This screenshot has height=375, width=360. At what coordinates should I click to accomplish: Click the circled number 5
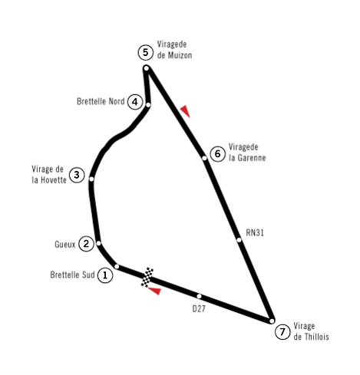[146, 52]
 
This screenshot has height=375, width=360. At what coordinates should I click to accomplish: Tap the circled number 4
[135, 102]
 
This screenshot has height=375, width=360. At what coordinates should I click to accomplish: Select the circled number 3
[77, 175]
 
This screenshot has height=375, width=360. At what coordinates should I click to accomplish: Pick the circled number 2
[86, 244]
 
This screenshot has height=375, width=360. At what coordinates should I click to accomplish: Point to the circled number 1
[105, 275]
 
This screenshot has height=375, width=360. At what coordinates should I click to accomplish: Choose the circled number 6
[217, 154]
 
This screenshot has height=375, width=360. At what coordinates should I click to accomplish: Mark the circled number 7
[282, 332]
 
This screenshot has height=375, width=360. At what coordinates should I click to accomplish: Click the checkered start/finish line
[147, 277]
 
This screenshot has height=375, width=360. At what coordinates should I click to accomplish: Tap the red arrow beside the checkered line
[155, 291]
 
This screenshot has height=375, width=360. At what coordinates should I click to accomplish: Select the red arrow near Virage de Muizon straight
[186, 111]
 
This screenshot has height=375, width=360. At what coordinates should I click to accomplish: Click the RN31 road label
[255, 233]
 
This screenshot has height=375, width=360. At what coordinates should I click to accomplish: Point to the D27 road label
[199, 309]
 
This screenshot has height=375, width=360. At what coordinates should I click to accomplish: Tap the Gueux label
[65, 245]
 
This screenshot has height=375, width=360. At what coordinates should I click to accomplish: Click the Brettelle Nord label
[101, 101]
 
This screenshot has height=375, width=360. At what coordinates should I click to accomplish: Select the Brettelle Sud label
[72, 275]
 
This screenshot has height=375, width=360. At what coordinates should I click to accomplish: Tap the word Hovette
[54, 180]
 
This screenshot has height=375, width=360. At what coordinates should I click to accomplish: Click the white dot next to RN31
[239, 240]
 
